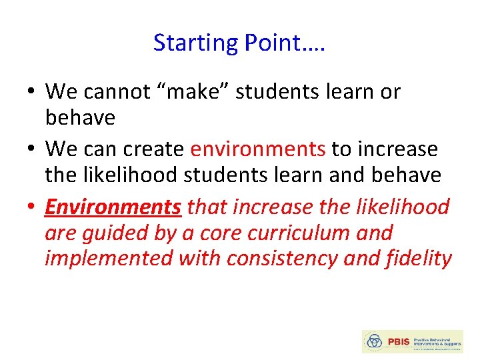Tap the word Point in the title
pos(265,43)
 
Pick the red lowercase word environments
pos(258,149)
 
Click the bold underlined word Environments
pos(113,207)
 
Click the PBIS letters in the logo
pos(397,342)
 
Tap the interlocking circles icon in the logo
pos(375,341)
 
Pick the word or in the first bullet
pos(390,91)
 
